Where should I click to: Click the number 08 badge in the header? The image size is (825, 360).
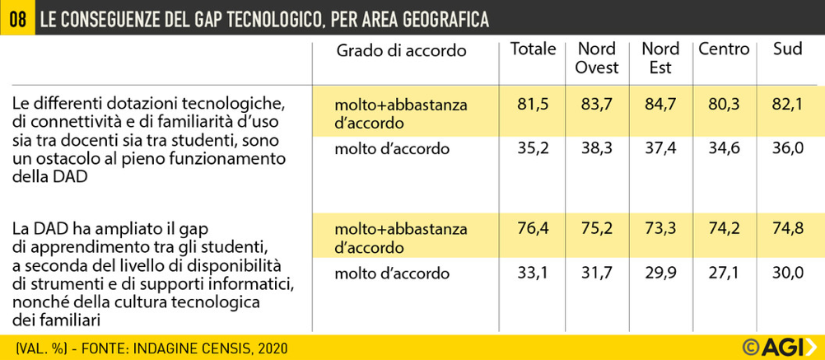click(16, 18)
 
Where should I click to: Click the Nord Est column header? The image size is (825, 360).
click(660, 58)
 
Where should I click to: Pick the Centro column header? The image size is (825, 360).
click(724, 49)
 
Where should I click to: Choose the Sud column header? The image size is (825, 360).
click(788, 49)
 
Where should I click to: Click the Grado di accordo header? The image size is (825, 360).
click(401, 51)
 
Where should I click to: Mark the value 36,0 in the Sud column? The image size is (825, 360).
click(788, 149)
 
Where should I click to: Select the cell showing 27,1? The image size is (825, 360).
click(724, 273)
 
